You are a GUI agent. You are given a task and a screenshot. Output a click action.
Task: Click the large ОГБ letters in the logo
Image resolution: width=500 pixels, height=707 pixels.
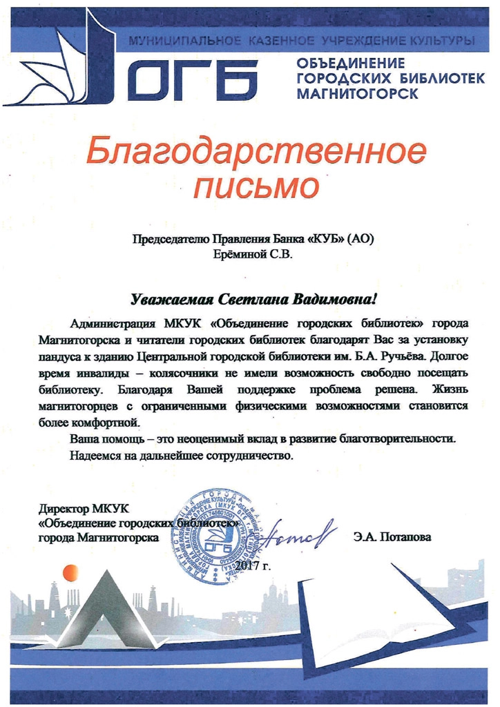point(193,78)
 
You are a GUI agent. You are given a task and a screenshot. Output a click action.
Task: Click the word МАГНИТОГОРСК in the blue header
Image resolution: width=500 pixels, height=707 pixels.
point(357,93)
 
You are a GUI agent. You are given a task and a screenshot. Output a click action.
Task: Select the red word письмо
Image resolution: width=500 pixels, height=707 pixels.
point(257,188)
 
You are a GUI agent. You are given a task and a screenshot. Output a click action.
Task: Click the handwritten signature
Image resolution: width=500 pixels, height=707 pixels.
point(297,532)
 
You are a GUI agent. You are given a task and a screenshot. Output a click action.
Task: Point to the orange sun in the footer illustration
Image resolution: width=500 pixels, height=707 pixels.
point(70,572)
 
